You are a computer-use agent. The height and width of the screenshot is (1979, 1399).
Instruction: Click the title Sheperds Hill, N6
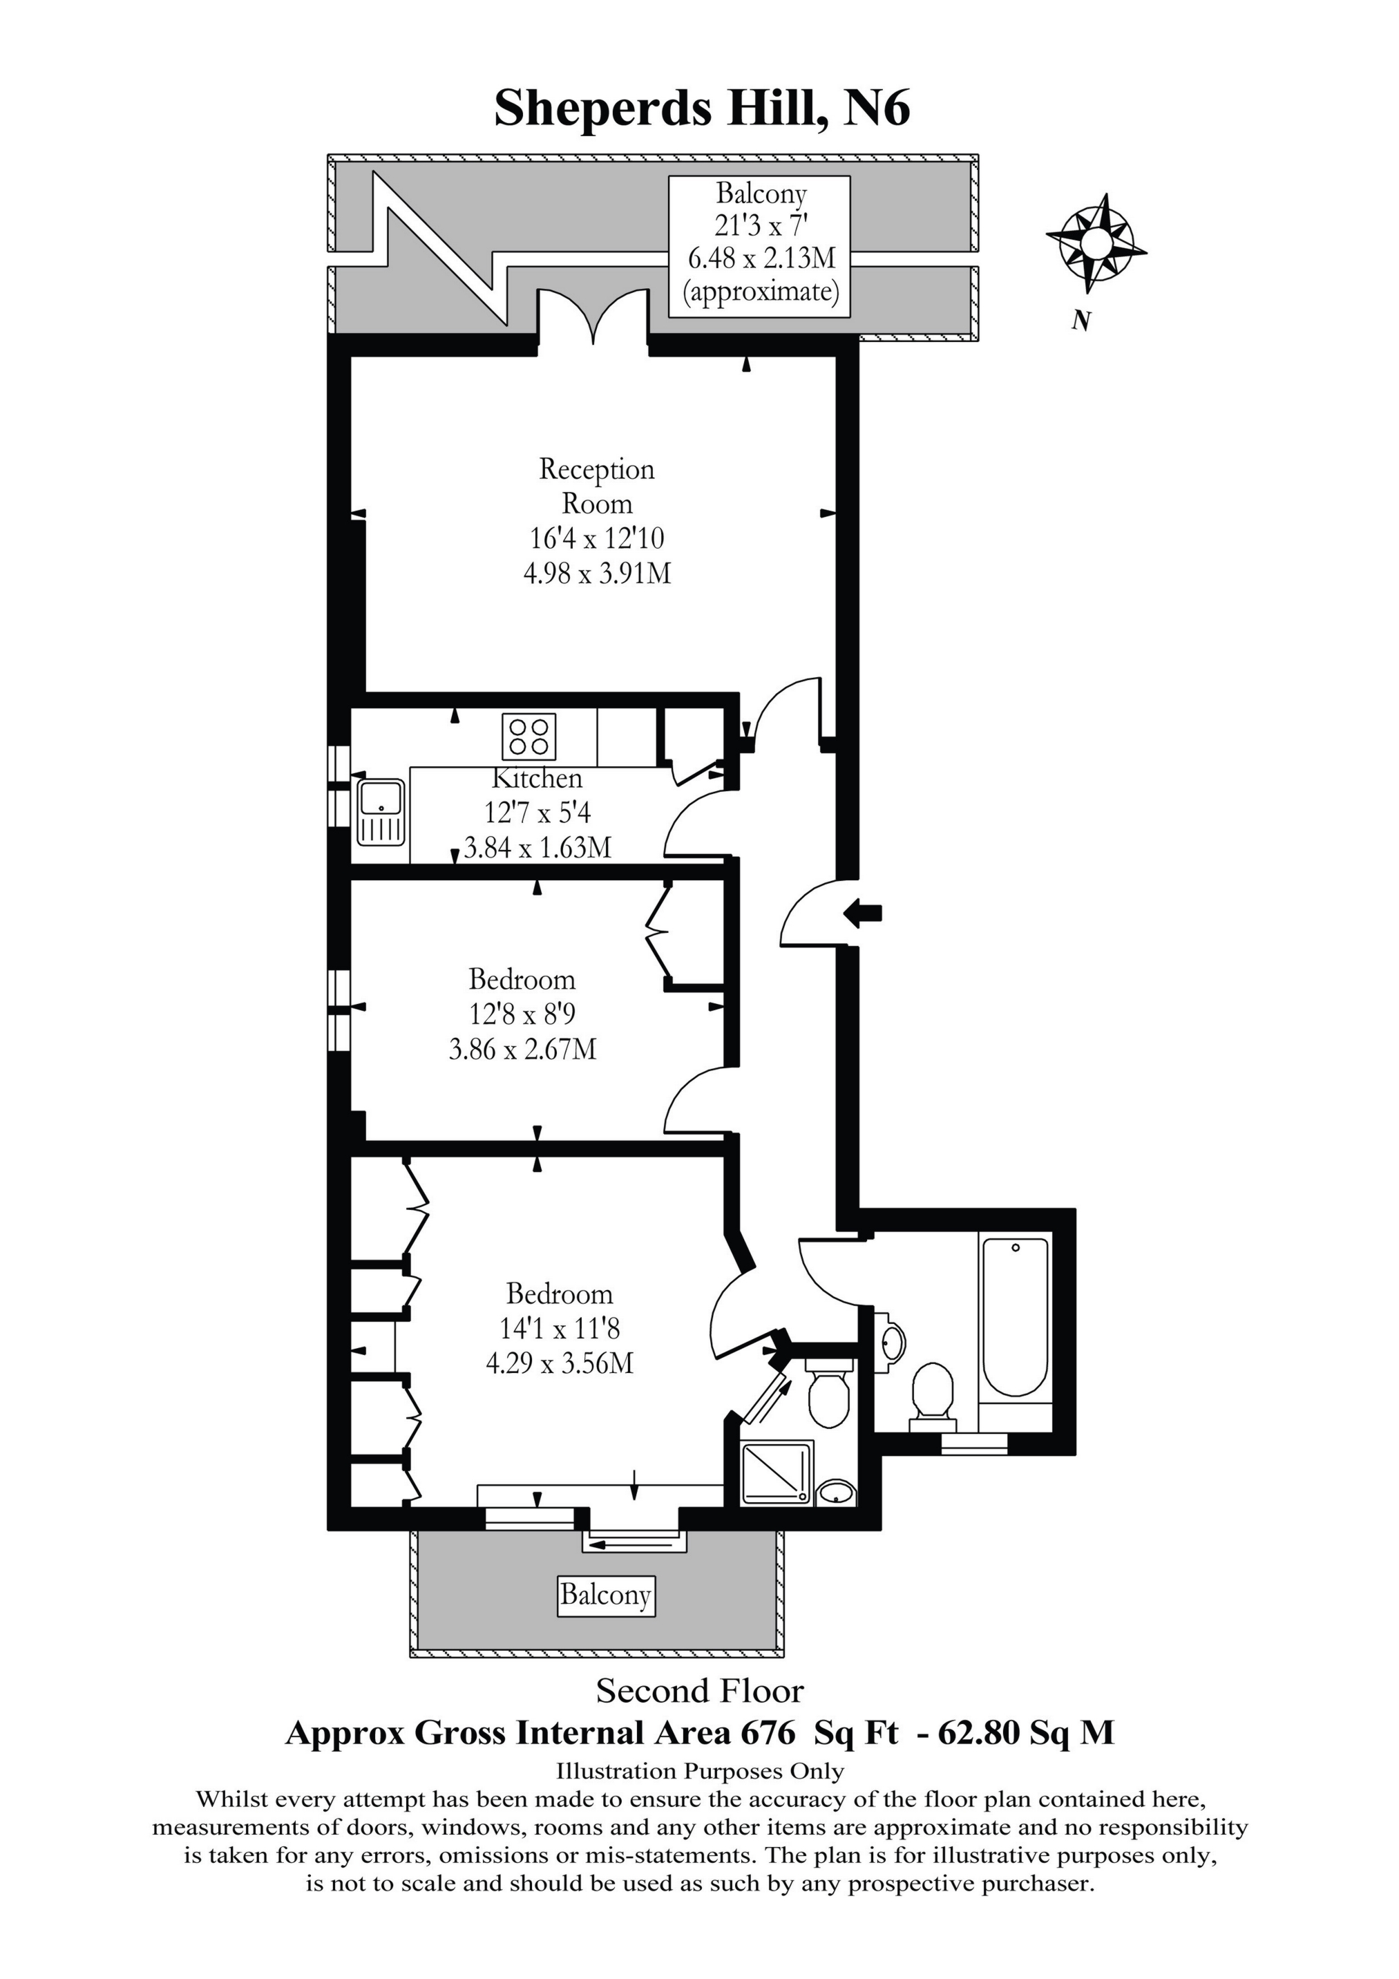(702, 109)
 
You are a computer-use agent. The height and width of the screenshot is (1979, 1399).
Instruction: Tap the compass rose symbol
(1096, 243)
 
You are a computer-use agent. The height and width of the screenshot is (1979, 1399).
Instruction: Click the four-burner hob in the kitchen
(529, 736)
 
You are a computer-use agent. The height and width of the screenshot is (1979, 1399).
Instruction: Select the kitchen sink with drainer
(380, 812)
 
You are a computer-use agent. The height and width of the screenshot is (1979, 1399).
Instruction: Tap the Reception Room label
(596, 486)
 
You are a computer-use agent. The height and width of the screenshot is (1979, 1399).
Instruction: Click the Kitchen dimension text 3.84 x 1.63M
(538, 847)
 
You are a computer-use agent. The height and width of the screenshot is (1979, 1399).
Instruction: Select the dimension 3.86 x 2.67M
(522, 1049)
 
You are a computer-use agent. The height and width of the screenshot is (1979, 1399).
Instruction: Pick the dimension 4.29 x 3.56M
(560, 1363)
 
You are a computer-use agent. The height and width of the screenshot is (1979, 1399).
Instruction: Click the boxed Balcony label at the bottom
(605, 1595)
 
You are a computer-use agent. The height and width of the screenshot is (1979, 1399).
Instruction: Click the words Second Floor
(700, 1691)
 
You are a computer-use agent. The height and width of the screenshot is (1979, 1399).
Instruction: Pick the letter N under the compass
(1081, 321)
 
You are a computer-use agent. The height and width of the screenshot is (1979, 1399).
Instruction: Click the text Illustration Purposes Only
(700, 1771)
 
